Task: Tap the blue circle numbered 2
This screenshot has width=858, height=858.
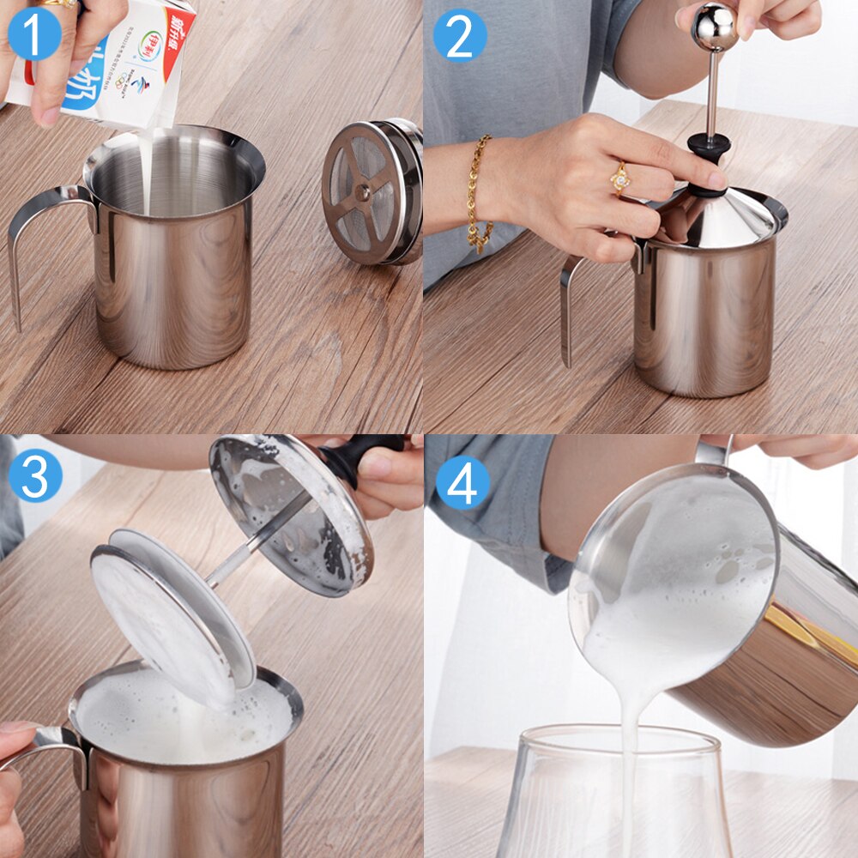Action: click(x=459, y=35)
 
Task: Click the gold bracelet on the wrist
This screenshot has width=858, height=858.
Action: click(x=479, y=193)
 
